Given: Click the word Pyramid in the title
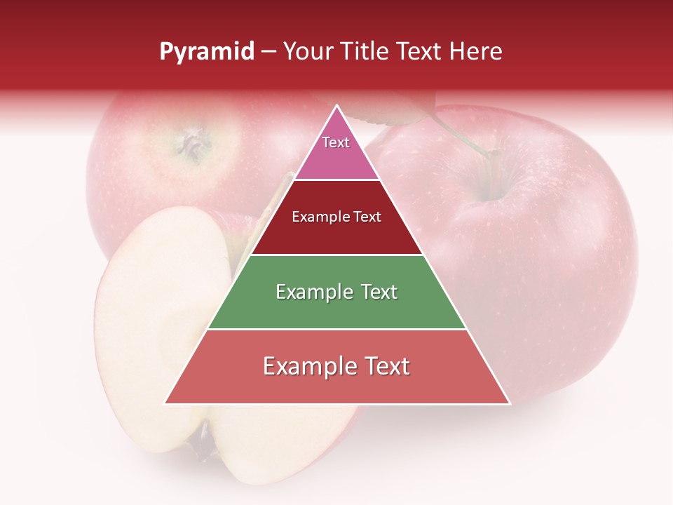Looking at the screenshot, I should pyautogui.click(x=207, y=52).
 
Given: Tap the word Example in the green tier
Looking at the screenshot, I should pyautogui.click(x=313, y=292).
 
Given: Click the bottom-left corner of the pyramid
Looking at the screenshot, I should pyautogui.click(x=165, y=403).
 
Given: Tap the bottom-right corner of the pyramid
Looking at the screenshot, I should pyautogui.click(x=510, y=403).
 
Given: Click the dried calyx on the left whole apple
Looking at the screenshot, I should pyautogui.click(x=191, y=143).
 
